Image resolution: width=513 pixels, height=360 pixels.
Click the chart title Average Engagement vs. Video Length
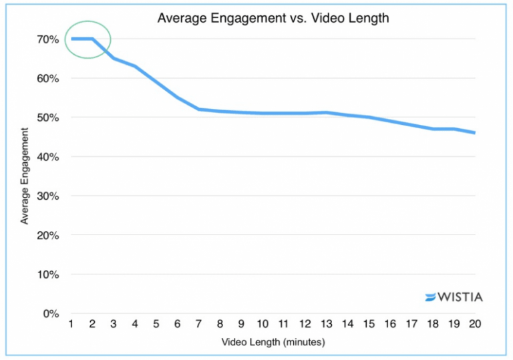coord(273,18)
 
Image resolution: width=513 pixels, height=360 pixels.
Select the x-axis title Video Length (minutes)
coord(273,343)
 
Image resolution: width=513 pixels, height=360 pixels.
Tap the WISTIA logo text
coord(460,297)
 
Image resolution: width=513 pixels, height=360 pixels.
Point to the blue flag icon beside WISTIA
coord(431,297)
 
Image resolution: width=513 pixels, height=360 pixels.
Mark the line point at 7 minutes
coord(199,109)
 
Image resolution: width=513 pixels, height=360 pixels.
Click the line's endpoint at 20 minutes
coord(475,133)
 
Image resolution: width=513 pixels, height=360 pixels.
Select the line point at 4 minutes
coord(135,66)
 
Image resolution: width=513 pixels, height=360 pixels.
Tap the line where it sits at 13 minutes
coord(327,112)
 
